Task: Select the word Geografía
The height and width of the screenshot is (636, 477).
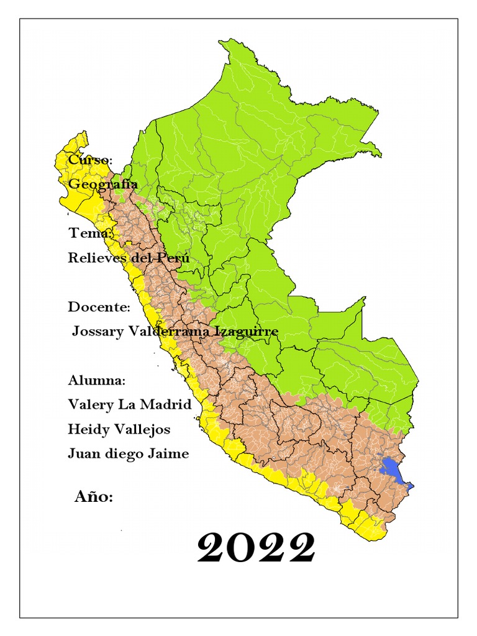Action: (x=103, y=184)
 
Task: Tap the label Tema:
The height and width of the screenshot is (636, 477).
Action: (x=91, y=234)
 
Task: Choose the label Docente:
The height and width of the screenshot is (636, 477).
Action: (x=99, y=307)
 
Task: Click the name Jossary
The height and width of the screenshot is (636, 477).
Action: (x=98, y=331)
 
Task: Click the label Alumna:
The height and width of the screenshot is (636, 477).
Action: (x=97, y=380)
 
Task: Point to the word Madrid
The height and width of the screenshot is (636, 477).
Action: (x=168, y=404)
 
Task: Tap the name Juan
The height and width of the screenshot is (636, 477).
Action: (x=83, y=453)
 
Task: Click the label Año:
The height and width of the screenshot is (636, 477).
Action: (x=94, y=496)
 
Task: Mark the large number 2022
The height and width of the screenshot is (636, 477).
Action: (x=256, y=548)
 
